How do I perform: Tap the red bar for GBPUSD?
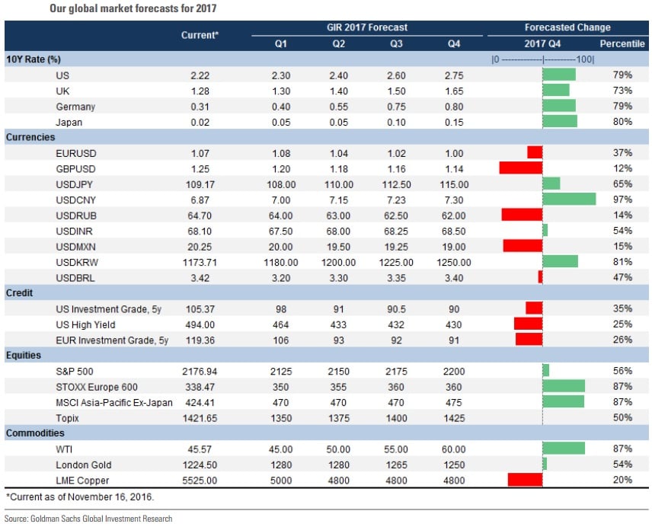pyautogui.click(x=520, y=168)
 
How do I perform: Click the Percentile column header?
pyautogui.click(x=622, y=43)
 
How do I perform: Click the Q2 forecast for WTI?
pyautogui.click(x=338, y=449)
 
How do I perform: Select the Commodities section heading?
pyautogui.click(x=34, y=433)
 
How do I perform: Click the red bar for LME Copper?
pyautogui.click(x=525, y=480)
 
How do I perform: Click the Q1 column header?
pyautogui.click(x=280, y=43)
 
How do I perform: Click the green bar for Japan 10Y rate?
pyautogui.click(x=560, y=121)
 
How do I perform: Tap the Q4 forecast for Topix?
pyautogui.click(x=454, y=417)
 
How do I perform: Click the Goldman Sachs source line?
pyautogui.click(x=88, y=519)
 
